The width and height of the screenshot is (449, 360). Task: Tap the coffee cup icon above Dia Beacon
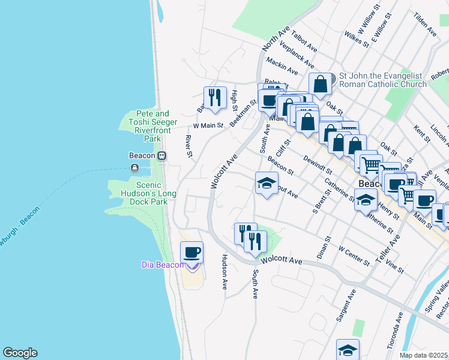pos(192,253)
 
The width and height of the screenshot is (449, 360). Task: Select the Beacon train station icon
pos(161,155)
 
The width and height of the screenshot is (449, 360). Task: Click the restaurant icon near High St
pos(214,97)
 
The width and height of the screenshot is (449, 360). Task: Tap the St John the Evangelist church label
pos(382,80)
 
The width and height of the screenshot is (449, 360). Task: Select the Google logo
pos(20,353)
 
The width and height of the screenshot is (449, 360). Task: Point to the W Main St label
pos(208,126)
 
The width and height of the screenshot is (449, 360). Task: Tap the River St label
pos(188,146)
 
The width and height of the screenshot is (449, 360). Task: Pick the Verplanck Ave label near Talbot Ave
pos(297,56)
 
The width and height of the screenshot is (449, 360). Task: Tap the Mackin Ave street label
pos(282,66)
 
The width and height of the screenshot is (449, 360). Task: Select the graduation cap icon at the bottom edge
pos(348,350)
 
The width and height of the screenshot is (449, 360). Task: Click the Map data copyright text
pos(424,355)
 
